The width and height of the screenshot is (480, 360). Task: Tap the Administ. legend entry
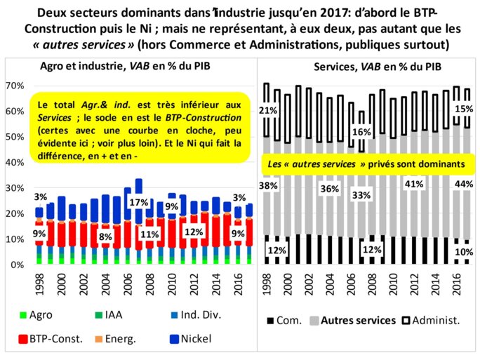pos(433,321)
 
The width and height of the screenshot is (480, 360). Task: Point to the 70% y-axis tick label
pos(15,86)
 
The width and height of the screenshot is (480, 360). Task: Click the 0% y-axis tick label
pos(18,265)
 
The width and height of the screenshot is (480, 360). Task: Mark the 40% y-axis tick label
pos(15,163)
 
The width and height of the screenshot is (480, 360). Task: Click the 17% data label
pos(138,203)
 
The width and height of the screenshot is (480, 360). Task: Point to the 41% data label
pos(413,185)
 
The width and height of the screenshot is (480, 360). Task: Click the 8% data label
pos(106,236)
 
